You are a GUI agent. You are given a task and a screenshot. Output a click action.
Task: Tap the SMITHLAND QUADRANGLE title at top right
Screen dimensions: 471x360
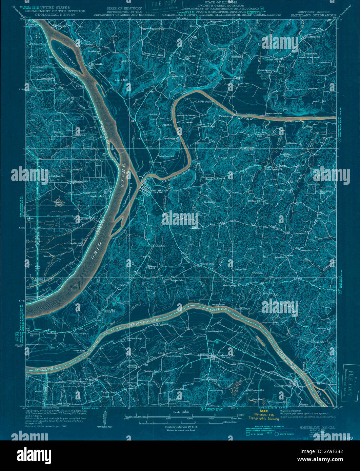[x=313, y=15]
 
